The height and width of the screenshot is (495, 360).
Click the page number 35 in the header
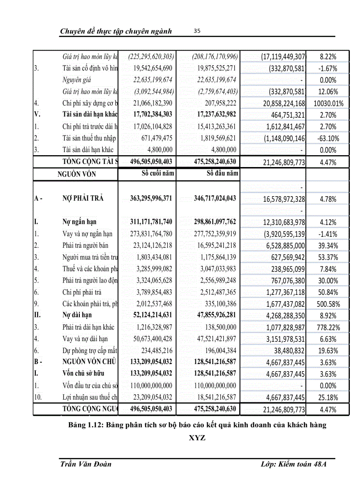click(197, 31)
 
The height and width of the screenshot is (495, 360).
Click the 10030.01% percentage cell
click(328, 103)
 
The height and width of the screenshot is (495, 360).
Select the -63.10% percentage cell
click(328, 138)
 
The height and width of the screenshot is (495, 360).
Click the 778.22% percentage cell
click(328, 327)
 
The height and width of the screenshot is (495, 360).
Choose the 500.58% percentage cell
click(328, 304)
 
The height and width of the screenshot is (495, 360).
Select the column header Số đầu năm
click(222, 173)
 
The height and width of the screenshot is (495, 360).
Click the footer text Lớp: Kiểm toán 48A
click(293, 464)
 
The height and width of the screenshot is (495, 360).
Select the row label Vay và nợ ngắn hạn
click(87, 234)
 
